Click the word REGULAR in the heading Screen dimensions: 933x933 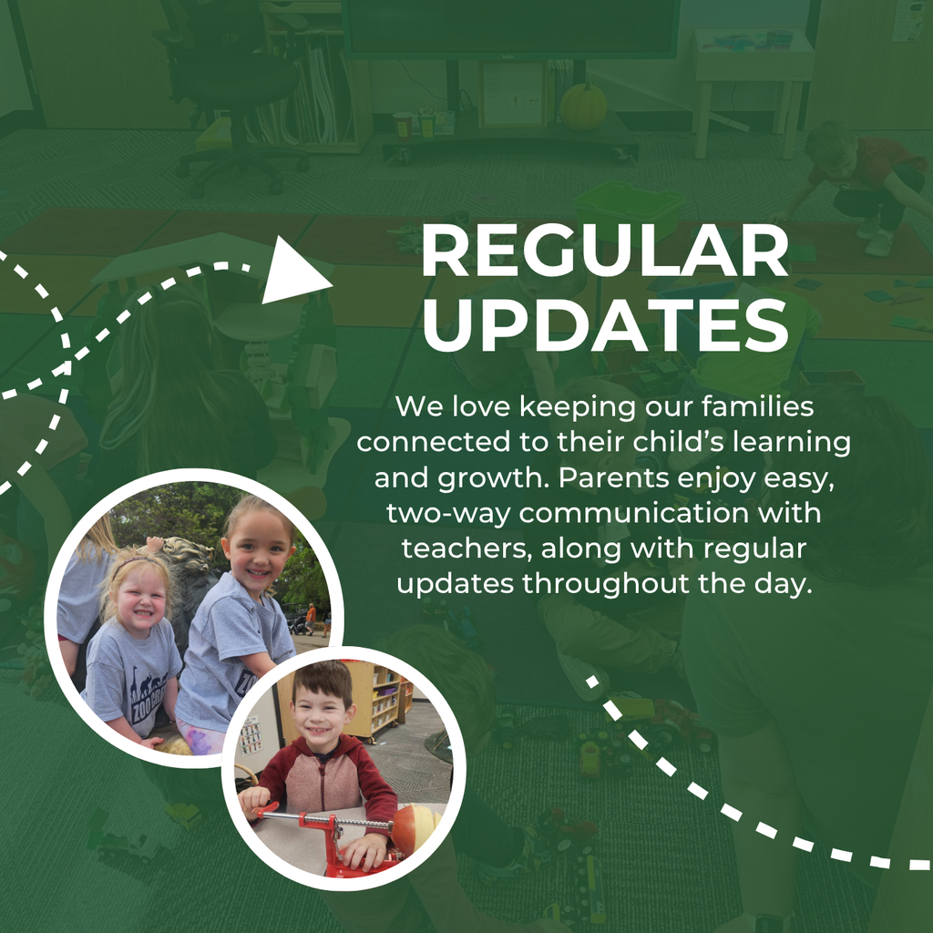tap(604, 252)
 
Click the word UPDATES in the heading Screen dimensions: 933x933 tap(604, 325)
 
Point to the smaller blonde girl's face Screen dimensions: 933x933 tap(142, 598)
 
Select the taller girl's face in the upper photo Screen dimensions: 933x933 tap(258, 551)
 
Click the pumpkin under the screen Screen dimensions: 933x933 tap(583, 108)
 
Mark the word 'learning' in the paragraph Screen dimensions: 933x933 tap(795, 442)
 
